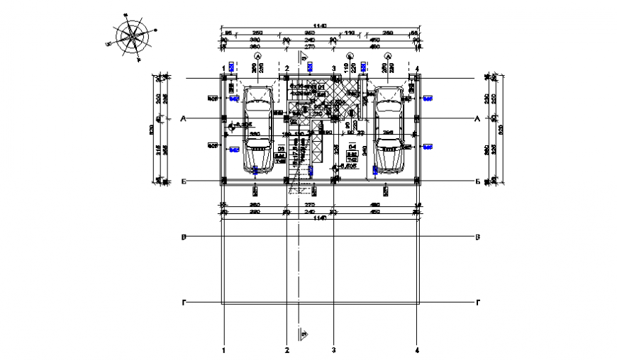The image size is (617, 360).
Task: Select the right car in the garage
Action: tap(388, 130)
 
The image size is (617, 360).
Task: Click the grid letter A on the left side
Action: tap(183, 119)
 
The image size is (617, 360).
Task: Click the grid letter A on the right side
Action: tap(477, 119)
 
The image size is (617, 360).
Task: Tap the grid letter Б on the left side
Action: tap(183, 181)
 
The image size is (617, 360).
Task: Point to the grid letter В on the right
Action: tap(477, 237)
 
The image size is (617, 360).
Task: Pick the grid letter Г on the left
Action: tap(184, 303)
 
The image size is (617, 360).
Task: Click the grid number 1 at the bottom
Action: tap(224, 349)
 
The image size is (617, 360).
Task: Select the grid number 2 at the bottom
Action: tap(287, 349)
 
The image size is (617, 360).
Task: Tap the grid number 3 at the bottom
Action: tap(333, 349)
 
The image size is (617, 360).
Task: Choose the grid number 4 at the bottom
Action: tap(418, 349)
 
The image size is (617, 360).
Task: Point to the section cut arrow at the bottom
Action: tap(304, 334)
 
